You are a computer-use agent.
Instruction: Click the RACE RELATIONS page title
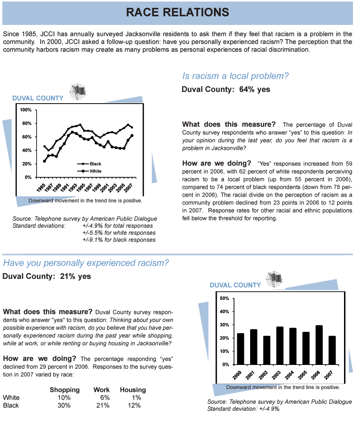pos(178,12)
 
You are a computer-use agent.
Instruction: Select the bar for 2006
pos(319,345)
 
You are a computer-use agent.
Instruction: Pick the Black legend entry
pos(90,164)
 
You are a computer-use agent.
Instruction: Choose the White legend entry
pos(90,171)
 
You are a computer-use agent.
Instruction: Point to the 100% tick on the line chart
pos(26,110)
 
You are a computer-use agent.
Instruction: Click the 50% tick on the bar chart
pos(224,298)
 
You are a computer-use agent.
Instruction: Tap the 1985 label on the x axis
pos(41,188)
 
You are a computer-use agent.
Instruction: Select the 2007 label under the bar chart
pos(328,375)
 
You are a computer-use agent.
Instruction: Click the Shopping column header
pos(65,389)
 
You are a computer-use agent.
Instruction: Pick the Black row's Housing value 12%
pos(134,405)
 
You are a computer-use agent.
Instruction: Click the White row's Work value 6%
pos(105,398)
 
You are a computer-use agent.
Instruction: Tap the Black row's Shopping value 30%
pos(64,405)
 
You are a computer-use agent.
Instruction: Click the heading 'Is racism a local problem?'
pos(235,76)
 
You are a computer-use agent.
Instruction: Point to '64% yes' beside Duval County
pos(254,90)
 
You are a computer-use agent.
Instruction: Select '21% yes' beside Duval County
pos(75,277)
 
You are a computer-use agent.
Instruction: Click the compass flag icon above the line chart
pos(78,92)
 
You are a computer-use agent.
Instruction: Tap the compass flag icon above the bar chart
pos(274,279)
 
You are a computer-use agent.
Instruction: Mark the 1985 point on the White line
pos(44,161)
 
